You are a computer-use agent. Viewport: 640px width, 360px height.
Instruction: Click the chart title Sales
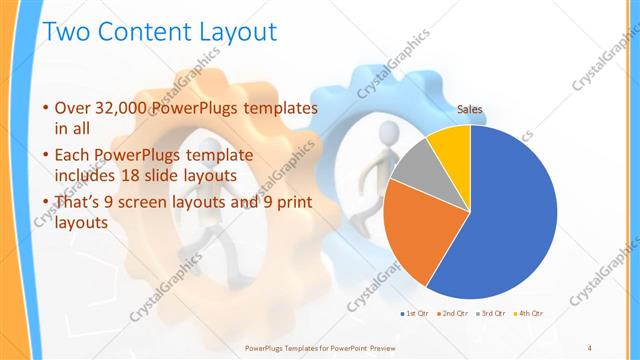(470, 108)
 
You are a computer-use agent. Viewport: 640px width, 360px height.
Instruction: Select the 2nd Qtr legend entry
(454, 314)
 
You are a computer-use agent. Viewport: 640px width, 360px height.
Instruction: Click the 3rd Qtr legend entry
(493, 314)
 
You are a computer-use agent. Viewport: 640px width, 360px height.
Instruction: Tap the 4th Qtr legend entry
(529, 314)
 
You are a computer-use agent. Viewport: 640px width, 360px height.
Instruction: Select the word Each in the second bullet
(74, 157)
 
